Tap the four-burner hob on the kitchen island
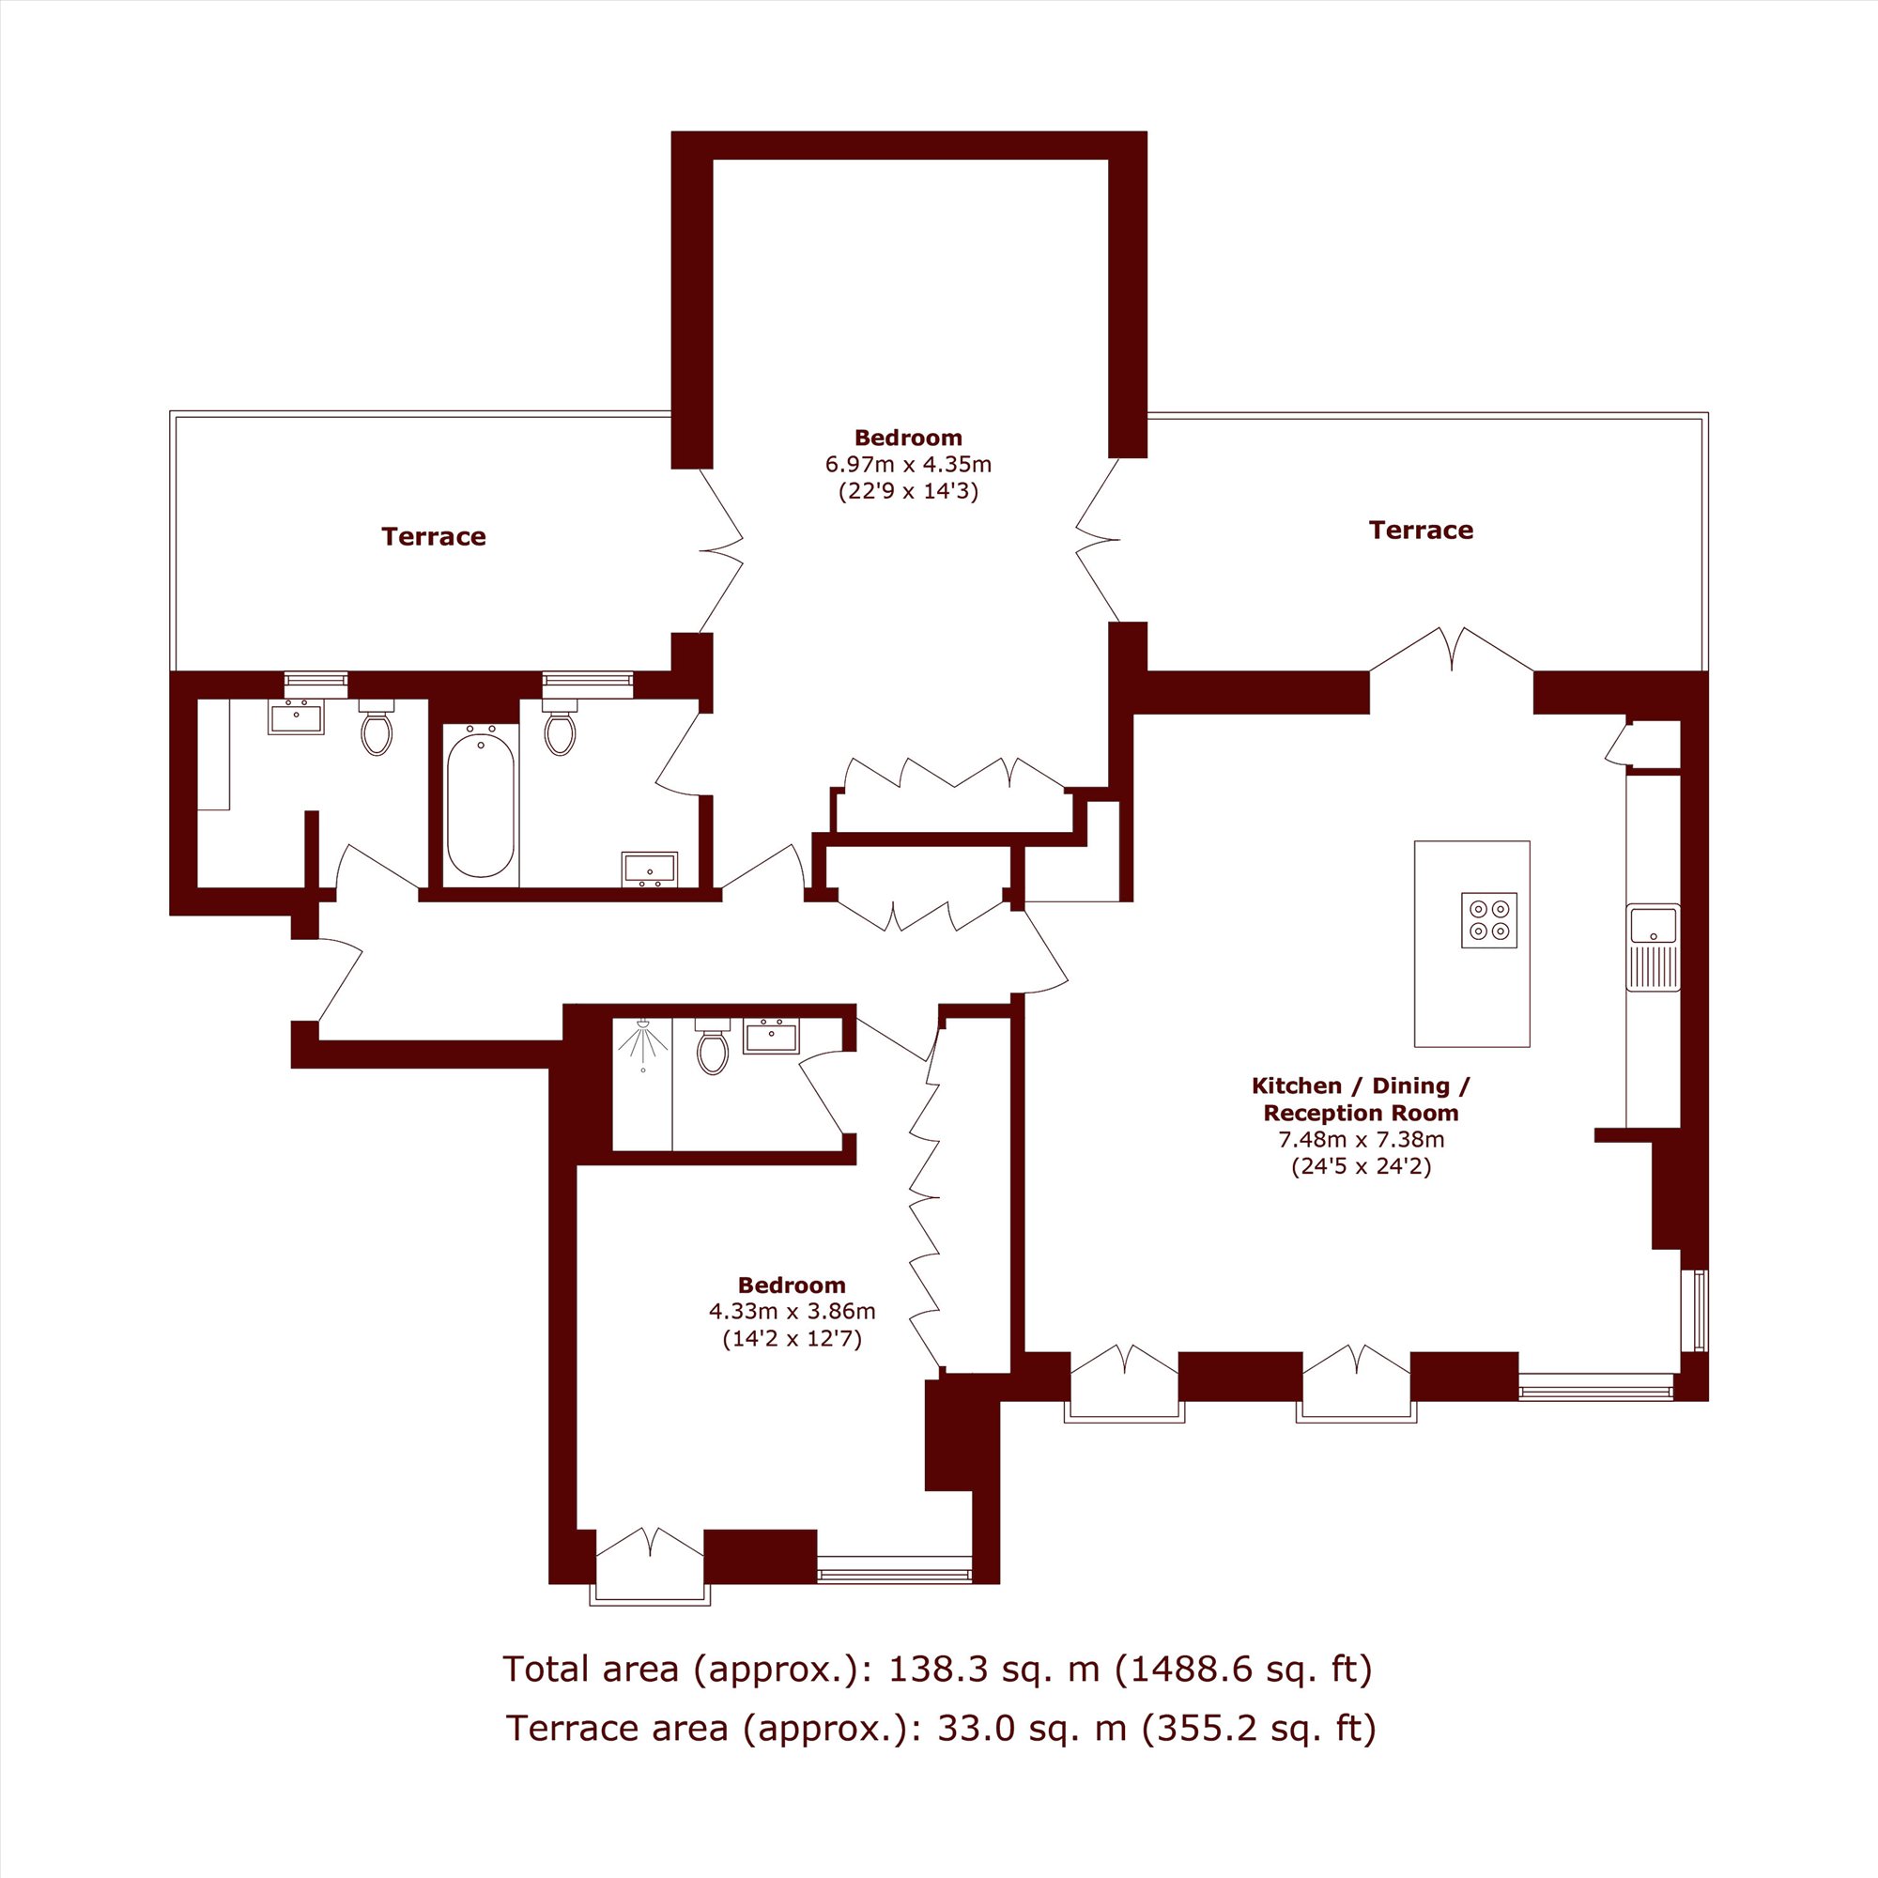tap(1488, 919)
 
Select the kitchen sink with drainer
tap(1653, 947)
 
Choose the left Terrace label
tap(434, 536)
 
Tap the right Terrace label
tap(1421, 530)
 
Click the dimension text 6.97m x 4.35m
tap(908, 465)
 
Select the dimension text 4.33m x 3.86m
tap(793, 1311)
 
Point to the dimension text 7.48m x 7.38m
tap(1361, 1139)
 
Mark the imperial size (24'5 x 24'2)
tap(1361, 1166)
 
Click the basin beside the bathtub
tap(651, 869)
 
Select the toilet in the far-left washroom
tap(377, 728)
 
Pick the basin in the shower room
tap(771, 1037)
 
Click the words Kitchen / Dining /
tap(1361, 1085)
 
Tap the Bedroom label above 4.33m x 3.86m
tap(793, 1285)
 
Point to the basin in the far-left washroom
tap(296, 716)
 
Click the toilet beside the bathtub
tap(560, 728)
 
